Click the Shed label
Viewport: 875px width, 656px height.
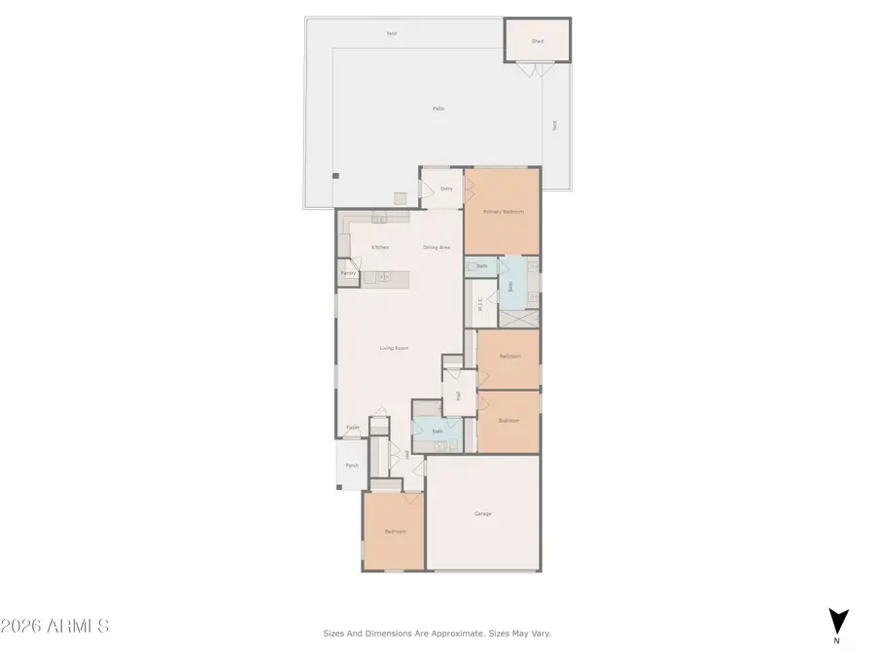[x=537, y=42]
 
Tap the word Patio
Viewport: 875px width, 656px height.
[x=438, y=108]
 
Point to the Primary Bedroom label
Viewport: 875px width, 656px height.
[x=503, y=212]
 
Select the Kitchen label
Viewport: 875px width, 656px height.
[x=379, y=247]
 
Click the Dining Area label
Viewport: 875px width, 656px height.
[x=437, y=247]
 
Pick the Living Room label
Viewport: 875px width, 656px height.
[x=393, y=348]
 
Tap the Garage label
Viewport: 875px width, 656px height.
[x=482, y=513]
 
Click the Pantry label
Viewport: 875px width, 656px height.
[x=348, y=273]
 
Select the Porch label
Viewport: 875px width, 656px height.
[x=352, y=466]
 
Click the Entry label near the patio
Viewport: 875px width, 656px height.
[x=446, y=189]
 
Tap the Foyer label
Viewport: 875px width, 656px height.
[x=353, y=427]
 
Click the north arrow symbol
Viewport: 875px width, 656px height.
[x=838, y=620]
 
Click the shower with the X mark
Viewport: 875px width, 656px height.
[x=519, y=319]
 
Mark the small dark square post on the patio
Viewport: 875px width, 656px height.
[x=335, y=176]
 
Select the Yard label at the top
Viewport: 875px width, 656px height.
[x=391, y=33]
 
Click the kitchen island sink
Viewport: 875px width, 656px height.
[x=383, y=277]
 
